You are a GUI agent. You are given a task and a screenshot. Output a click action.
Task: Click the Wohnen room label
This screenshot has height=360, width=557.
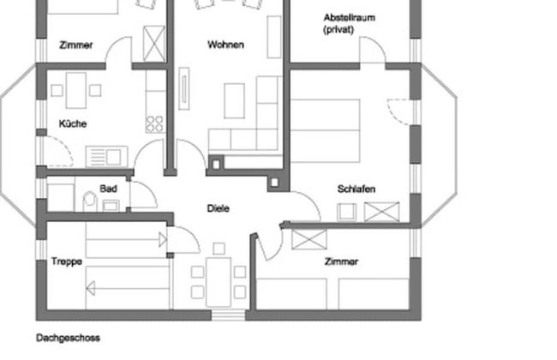(225, 45)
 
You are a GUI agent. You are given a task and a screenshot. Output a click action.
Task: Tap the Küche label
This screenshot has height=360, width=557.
(73, 123)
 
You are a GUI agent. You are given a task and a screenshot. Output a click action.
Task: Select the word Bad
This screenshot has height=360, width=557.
(108, 189)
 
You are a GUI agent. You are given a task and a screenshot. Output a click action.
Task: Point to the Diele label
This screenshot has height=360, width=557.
(219, 208)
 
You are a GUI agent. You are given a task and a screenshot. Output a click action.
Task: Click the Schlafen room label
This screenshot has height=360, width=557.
(356, 189)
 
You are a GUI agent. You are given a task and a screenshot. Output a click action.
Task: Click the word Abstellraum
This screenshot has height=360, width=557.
(350, 18)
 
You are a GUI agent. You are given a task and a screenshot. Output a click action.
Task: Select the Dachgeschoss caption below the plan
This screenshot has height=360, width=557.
(68, 338)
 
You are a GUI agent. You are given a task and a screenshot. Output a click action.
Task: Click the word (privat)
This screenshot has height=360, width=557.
(339, 30)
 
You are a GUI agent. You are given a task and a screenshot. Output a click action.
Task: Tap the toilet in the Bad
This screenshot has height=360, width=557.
(90, 201)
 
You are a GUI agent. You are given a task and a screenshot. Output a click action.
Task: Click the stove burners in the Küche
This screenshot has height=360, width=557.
(155, 123)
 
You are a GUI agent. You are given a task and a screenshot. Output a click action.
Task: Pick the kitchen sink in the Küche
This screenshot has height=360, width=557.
(106, 156)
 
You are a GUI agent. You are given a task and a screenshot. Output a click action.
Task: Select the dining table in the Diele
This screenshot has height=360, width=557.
(219, 280)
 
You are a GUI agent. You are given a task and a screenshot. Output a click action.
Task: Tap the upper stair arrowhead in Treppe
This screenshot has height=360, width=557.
(163, 241)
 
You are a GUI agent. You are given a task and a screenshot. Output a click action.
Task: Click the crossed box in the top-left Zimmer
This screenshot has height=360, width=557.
(154, 40)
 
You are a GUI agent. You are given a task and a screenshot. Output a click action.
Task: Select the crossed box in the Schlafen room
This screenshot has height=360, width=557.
(382, 211)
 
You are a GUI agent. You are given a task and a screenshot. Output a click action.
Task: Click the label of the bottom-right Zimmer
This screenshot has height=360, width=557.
(341, 261)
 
